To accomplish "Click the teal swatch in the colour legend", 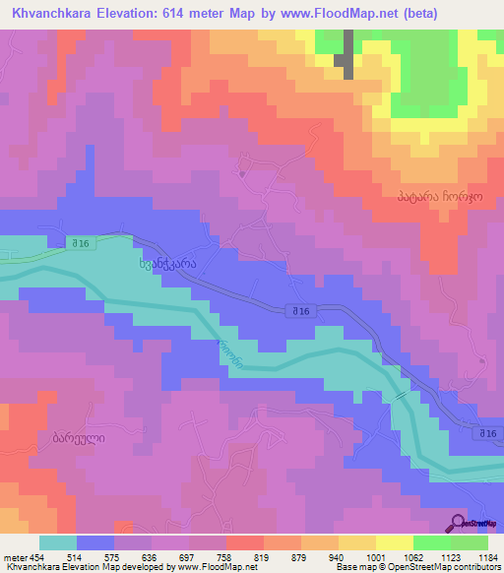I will (58, 542).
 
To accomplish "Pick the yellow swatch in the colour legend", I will (357, 542).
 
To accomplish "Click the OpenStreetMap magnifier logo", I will (459, 523).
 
